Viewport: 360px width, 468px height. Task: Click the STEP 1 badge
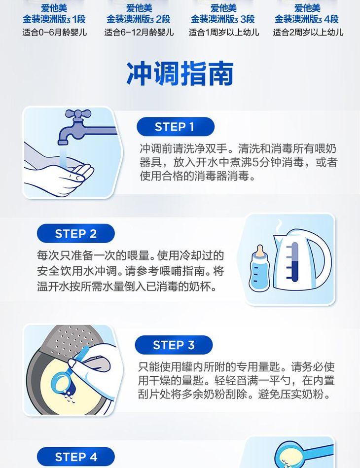tap(176, 127)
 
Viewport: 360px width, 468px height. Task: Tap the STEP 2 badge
tap(76, 233)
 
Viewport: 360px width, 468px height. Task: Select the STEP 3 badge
tap(174, 345)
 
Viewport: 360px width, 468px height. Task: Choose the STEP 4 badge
tap(76, 457)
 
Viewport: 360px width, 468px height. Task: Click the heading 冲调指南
tap(180, 73)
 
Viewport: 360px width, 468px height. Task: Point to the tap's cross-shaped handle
tap(78, 114)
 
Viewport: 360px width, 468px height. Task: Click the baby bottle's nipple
tap(260, 250)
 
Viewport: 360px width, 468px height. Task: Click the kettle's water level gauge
tap(294, 262)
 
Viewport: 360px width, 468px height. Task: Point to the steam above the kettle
tap(279, 226)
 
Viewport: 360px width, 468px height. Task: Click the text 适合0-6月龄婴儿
tap(55, 32)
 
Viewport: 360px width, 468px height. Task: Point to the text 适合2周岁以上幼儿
tap(308, 32)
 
